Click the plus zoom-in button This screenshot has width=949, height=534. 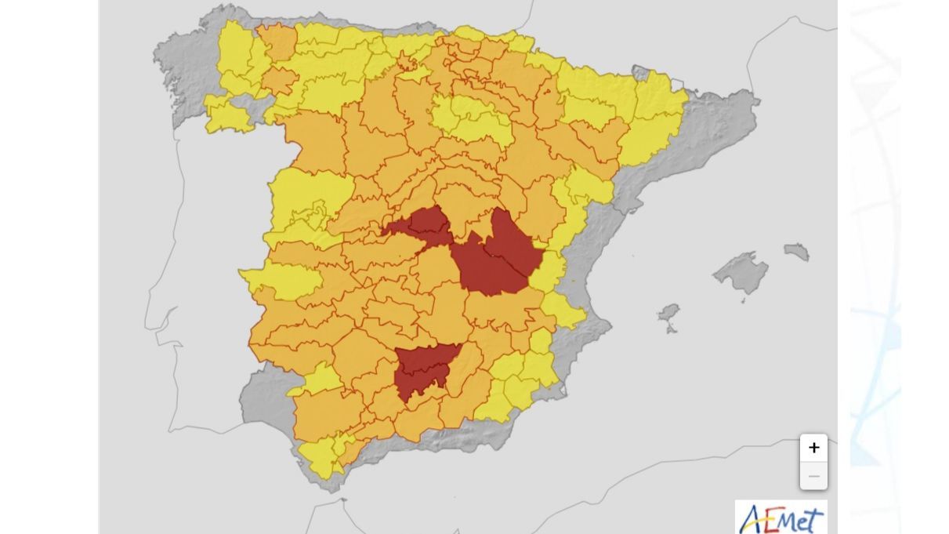pyautogui.click(x=813, y=448)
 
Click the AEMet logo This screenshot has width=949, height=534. pyautogui.click(x=781, y=518)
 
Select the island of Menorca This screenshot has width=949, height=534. pyautogui.click(x=797, y=252)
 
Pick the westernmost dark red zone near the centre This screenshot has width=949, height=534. pyautogui.click(x=419, y=223)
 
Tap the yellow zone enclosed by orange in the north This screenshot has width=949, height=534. pyautogui.click(x=470, y=118)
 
